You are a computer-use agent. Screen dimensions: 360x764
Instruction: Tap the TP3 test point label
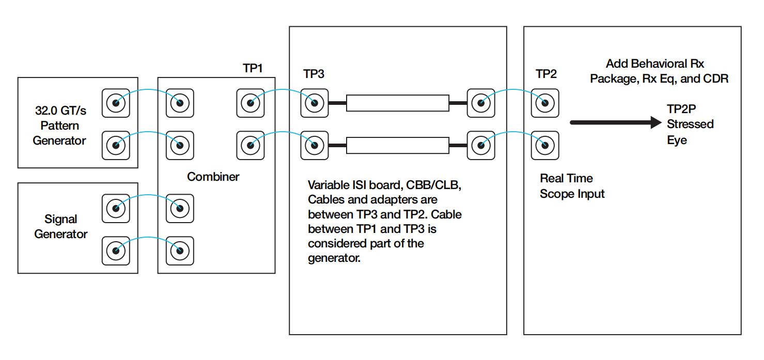pyautogui.click(x=314, y=74)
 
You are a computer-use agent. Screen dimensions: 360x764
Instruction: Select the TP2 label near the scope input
pyautogui.click(x=546, y=74)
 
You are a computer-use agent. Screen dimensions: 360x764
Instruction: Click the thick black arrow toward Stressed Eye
pyautogui.click(x=615, y=122)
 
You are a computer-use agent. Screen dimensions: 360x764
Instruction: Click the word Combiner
pyautogui.click(x=213, y=177)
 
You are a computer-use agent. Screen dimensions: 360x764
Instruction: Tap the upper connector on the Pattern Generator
pyautogui.click(x=115, y=103)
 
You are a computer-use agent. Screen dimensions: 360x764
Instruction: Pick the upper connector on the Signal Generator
pyautogui.click(x=115, y=208)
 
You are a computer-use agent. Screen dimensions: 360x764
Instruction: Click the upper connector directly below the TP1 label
pyautogui.click(x=250, y=103)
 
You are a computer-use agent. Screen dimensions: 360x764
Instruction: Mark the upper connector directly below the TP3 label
pyautogui.click(x=314, y=103)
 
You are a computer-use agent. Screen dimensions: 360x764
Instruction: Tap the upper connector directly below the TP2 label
pyautogui.click(x=545, y=103)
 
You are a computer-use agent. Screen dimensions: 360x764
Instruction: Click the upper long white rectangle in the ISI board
pyautogui.click(x=397, y=103)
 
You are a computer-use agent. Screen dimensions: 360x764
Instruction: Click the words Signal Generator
pyautogui.click(x=60, y=227)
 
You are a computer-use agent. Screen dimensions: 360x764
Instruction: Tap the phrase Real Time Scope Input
pyautogui.click(x=571, y=186)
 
